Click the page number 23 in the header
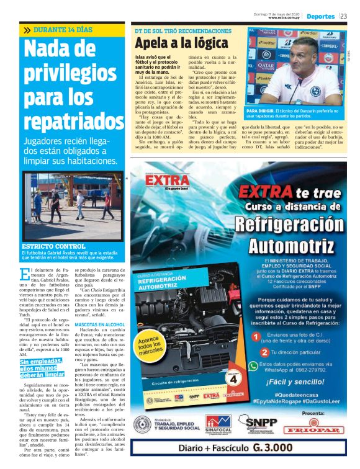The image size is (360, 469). (343, 16)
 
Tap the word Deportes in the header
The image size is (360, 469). (320, 16)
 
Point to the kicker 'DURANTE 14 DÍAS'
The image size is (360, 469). (62, 30)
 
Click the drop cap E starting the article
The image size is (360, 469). (25, 273)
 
